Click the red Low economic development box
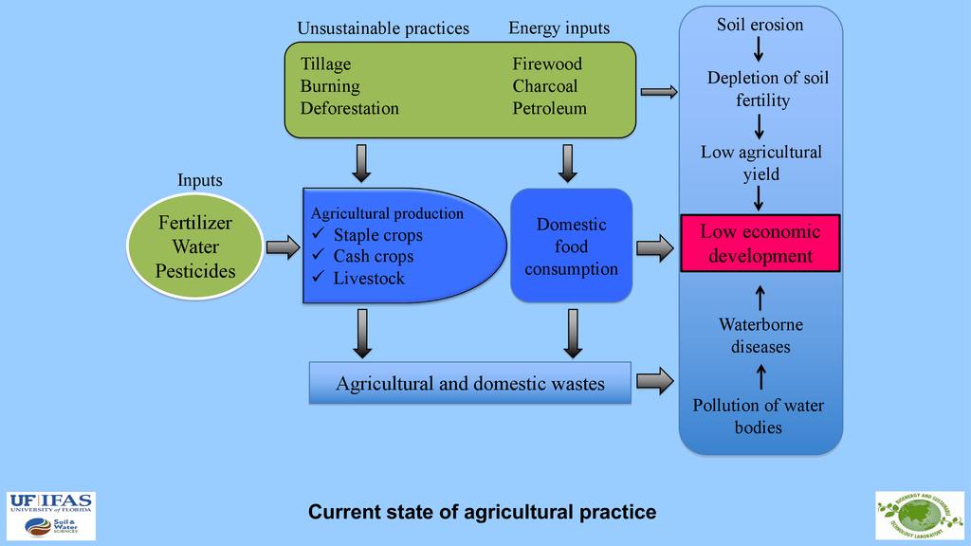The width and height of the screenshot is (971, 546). tap(760, 244)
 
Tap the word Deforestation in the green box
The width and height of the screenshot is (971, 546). tap(350, 108)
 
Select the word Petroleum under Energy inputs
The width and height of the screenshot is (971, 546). tap(549, 108)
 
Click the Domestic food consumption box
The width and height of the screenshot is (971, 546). tap(571, 246)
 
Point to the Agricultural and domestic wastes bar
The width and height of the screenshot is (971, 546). tap(470, 384)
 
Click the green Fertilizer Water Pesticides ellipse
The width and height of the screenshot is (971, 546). tap(195, 247)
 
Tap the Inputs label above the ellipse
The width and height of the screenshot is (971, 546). tap(199, 180)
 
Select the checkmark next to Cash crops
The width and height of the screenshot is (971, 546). tap(319, 256)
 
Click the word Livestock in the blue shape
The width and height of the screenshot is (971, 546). tap(369, 279)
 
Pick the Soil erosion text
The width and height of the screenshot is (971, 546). tap(760, 25)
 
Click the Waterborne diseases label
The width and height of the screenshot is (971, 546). tap(760, 336)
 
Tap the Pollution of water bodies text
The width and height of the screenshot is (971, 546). tap(759, 416)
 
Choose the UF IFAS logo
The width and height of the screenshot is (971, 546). tap(51, 516)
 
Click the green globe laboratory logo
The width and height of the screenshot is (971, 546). tap(918, 515)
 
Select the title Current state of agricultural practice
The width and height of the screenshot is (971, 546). tap(483, 513)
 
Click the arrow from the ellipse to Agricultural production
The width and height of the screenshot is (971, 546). tap(283, 248)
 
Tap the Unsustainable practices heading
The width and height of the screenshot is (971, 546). tap(383, 28)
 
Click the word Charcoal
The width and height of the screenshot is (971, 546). tap(545, 86)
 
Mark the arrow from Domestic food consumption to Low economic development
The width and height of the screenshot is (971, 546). tap(654, 248)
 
